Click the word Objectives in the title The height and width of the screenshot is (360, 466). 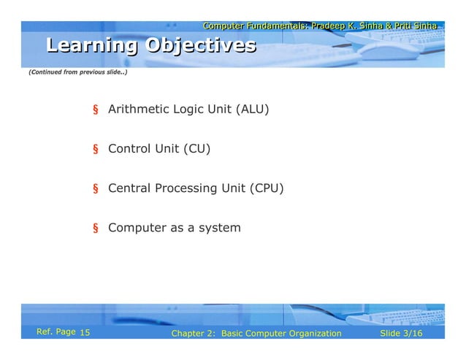pos(201,46)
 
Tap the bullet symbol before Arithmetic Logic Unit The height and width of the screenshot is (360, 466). pos(95,111)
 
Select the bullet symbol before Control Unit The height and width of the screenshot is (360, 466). pos(95,150)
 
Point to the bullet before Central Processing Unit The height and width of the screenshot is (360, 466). pos(95,190)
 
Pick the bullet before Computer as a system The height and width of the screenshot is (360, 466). pos(95,229)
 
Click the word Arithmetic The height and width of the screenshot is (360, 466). pos(138,110)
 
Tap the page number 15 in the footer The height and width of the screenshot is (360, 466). pos(84,334)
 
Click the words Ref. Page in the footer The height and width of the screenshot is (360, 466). pos(56,333)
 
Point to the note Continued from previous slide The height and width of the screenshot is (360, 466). pos(77,74)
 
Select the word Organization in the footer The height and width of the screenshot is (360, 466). pos(313,334)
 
